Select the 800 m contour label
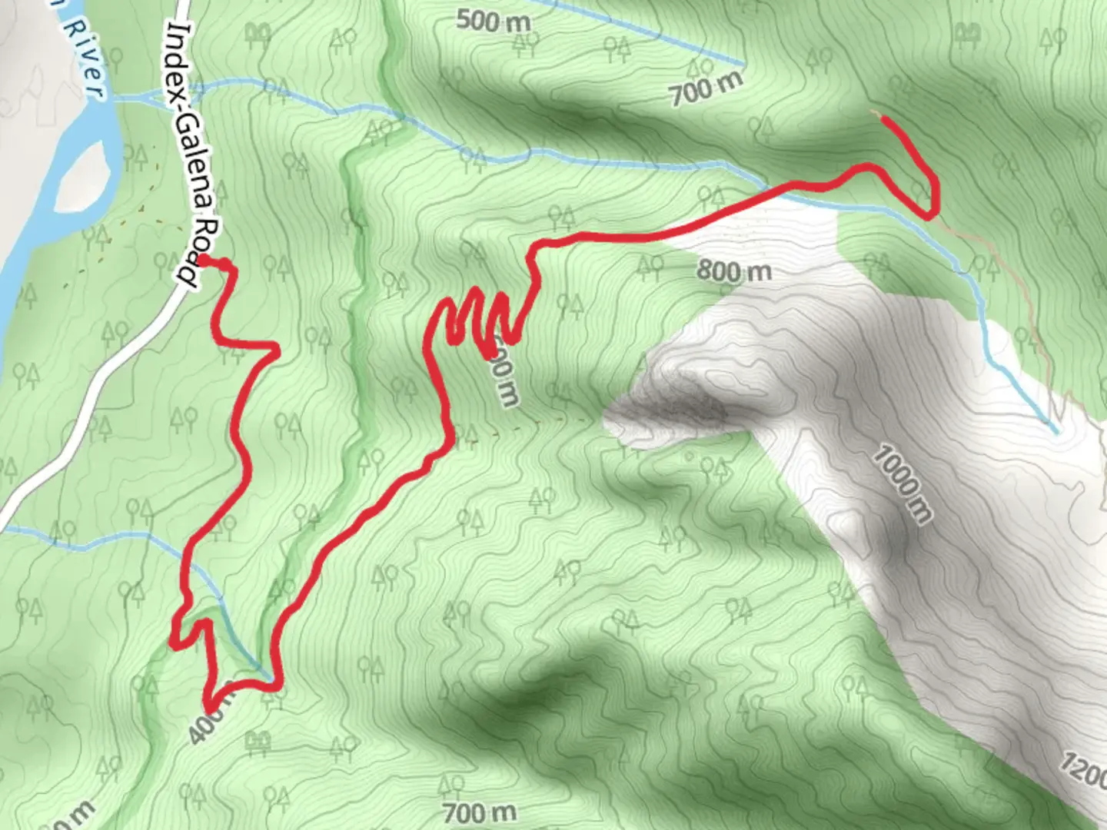734,271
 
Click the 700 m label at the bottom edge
480,812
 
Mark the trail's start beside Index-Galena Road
206,261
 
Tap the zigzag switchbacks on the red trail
480,319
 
